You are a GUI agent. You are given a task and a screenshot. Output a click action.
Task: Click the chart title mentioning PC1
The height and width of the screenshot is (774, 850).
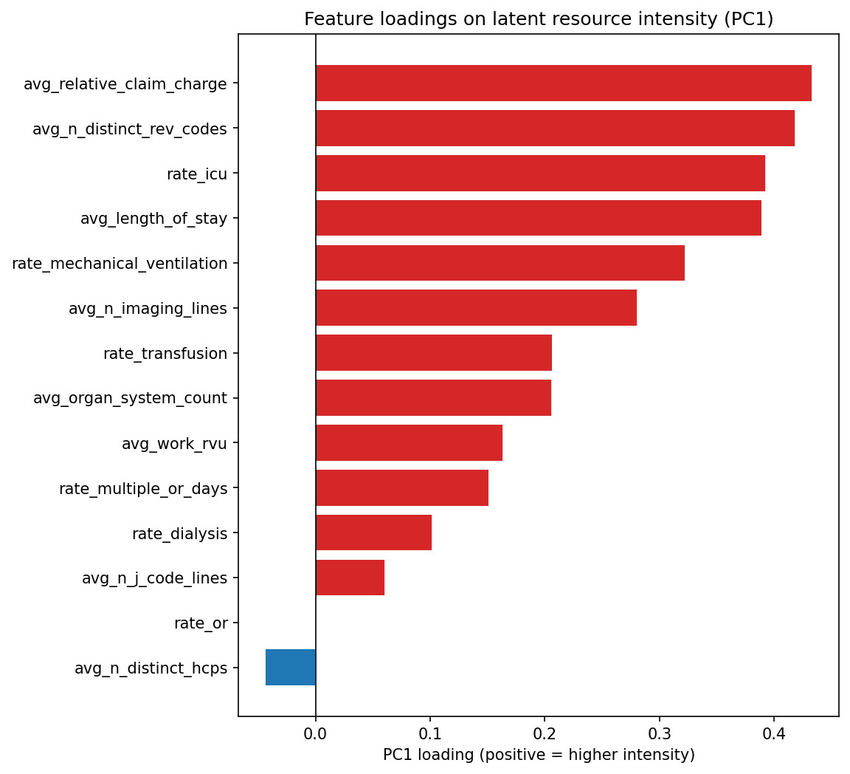tap(539, 19)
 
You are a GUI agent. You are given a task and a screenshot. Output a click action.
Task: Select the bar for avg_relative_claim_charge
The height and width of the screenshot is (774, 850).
tap(563, 83)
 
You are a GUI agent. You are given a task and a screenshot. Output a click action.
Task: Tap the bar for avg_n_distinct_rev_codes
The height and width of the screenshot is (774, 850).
tap(555, 129)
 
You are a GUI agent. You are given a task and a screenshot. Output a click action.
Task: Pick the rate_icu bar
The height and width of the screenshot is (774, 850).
tap(540, 174)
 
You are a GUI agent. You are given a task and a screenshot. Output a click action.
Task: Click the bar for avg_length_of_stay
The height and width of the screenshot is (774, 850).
tap(538, 219)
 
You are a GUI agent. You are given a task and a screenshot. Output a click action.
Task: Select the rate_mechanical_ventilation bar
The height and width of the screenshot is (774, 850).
tap(500, 264)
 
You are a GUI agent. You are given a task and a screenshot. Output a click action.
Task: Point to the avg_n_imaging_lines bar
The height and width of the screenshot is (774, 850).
tap(476, 308)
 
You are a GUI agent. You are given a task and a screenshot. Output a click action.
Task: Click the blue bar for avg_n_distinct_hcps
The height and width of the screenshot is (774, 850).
tap(291, 668)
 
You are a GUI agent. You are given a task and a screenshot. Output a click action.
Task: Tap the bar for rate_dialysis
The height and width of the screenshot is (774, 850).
tap(373, 533)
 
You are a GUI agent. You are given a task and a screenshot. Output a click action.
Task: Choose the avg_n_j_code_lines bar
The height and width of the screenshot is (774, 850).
tap(350, 578)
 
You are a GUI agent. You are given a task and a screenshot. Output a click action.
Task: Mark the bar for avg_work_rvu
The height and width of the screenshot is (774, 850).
tap(409, 443)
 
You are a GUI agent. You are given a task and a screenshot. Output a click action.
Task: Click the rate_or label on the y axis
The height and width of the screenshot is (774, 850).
tap(201, 623)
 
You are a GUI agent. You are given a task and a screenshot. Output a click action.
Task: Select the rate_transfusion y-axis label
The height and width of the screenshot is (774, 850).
tap(165, 354)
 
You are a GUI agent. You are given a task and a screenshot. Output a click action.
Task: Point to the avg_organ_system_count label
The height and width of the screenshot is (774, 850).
tap(130, 399)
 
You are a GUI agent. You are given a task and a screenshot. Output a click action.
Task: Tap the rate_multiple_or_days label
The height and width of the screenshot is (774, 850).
tap(143, 488)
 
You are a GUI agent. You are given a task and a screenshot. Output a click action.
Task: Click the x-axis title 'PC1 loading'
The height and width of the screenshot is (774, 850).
tap(539, 755)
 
